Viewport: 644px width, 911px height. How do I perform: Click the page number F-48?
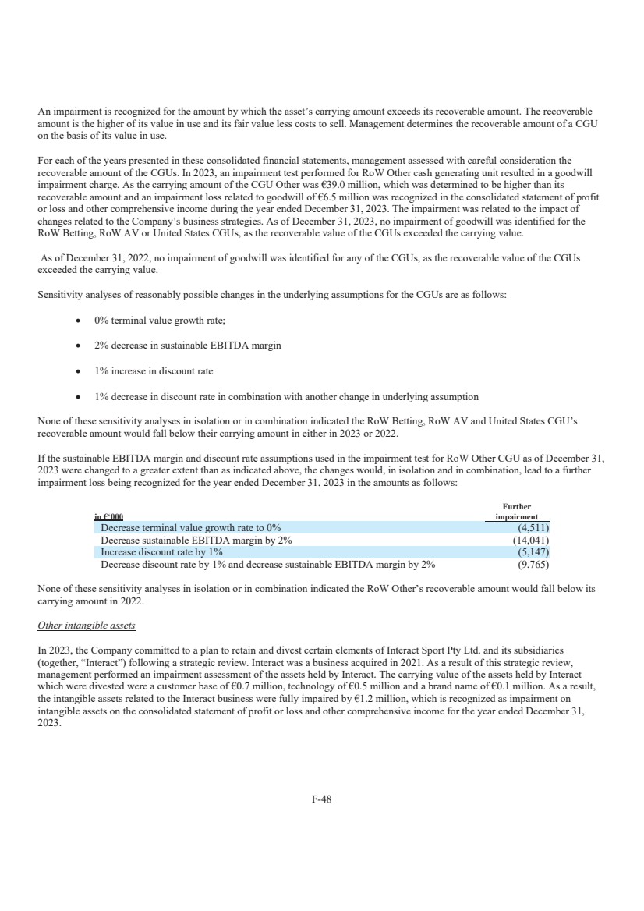[x=321, y=799]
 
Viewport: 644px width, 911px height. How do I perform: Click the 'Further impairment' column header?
[x=517, y=512]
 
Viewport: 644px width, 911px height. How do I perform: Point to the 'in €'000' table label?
[x=108, y=517]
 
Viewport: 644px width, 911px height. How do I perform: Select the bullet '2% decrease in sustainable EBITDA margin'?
[x=188, y=346]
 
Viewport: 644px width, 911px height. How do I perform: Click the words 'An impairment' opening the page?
[x=66, y=111]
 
